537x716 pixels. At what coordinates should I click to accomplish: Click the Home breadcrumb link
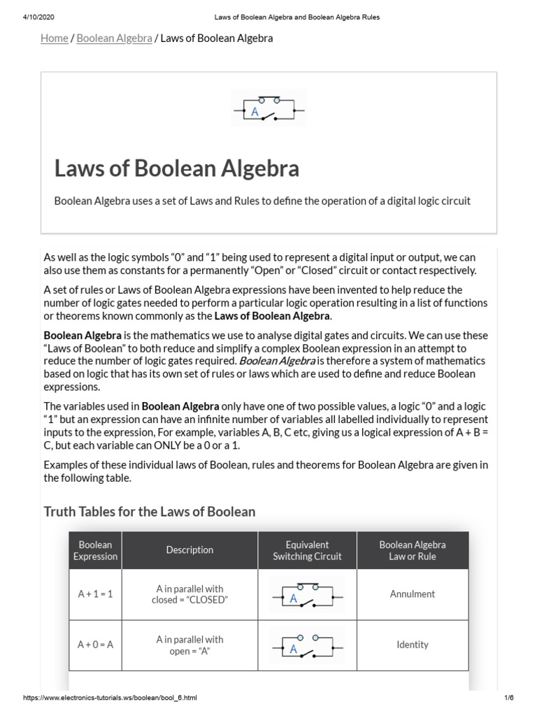pos(54,38)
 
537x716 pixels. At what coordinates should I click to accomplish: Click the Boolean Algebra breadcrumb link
pos(114,38)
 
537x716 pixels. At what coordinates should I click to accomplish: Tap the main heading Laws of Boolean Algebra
pos(177,169)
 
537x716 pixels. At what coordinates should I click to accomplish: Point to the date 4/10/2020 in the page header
pos(29,17)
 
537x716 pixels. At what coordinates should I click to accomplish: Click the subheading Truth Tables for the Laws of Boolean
pos(150,512)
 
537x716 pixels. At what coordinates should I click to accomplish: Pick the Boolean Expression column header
pos(95,550)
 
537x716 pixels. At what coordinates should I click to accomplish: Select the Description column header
pos(189,550)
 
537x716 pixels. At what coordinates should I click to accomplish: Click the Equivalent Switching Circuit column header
pos(307,550)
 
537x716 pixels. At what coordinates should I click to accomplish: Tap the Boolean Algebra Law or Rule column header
pos(412,550)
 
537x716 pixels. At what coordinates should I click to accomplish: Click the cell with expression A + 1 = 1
pos(95,594)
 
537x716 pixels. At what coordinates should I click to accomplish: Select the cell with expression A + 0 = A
pos(95,645)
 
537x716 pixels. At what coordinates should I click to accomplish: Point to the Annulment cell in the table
pos(412,594)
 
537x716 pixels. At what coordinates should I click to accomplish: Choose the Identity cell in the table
pos(412,645)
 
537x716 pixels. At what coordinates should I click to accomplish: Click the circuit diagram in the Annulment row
pos(307,595)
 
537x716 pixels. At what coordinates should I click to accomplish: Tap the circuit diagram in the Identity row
pos(307,645)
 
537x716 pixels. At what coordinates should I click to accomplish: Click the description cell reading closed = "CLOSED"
pos(189,594)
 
